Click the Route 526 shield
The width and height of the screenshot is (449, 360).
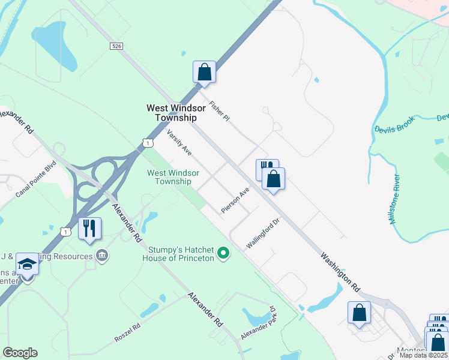click(x=116, y=46)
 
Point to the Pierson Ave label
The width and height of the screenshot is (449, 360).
click(x=235, y=200)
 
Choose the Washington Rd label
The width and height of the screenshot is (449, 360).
click(x=339, y=272)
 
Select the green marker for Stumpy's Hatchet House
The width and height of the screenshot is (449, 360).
click(x=223, y=254)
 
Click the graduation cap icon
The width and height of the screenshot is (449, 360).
click(x=27, y=263)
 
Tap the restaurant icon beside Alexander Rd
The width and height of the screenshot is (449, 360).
click(x=89, y=227)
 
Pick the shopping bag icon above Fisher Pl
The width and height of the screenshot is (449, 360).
click(x=204, y=71)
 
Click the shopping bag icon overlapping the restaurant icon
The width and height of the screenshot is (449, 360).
click(x=273, y=178)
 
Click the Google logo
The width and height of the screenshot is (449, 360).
click(x=20, y=353)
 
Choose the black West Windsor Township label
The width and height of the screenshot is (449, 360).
click(x=176, y=113)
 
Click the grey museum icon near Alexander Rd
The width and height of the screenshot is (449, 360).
click(x=102, y=257)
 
